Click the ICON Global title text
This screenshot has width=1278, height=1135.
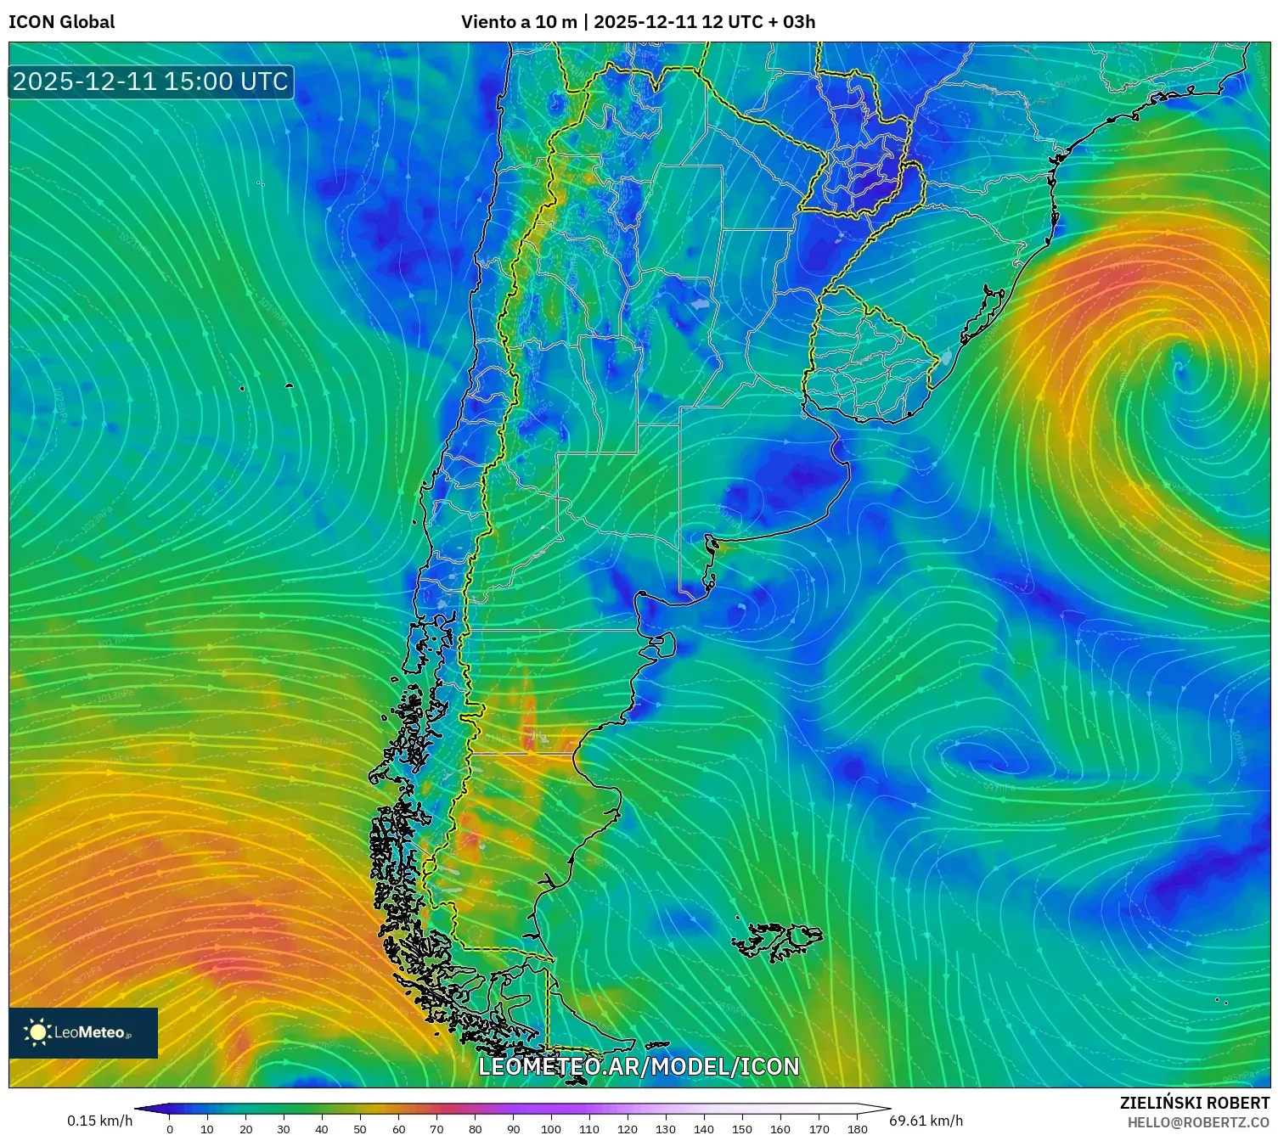[61, 22]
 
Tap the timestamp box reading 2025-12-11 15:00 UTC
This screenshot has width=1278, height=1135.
[151, 81]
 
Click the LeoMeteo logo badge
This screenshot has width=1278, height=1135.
[83, 1032]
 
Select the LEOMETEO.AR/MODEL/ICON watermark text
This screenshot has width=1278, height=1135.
[639, 1067]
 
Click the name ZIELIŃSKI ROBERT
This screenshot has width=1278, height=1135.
[1195, 1103]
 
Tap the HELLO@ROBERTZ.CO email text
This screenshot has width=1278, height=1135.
[1198, 1122]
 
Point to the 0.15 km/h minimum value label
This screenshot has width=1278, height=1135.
[100, 1121]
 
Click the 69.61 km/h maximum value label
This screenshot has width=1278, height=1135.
[926, 1121]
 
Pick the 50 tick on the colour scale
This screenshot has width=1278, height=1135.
[360, 1129]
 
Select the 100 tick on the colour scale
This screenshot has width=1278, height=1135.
[551, 1129]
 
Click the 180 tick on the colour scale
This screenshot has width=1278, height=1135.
[857, 1129]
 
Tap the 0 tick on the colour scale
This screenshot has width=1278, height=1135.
[170, 1129]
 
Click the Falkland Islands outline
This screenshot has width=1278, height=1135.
[777, 941]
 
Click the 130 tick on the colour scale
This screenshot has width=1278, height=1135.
[666, 1129]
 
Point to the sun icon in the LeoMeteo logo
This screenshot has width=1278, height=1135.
[37, 1032]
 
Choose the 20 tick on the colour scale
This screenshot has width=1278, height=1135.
[246, 1129]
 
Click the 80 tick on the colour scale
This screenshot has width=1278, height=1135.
[475, 1129]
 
